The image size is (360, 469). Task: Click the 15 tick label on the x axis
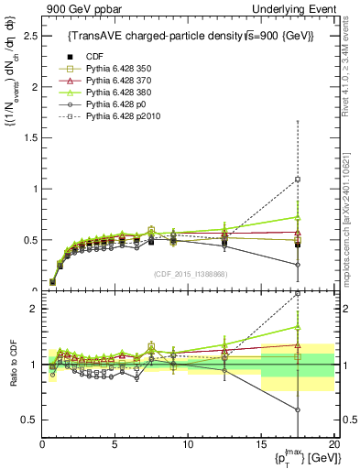(x=261, y=445)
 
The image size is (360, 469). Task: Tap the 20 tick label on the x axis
(x=333, y=445)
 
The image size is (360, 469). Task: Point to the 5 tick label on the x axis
(x=115, y=445)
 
